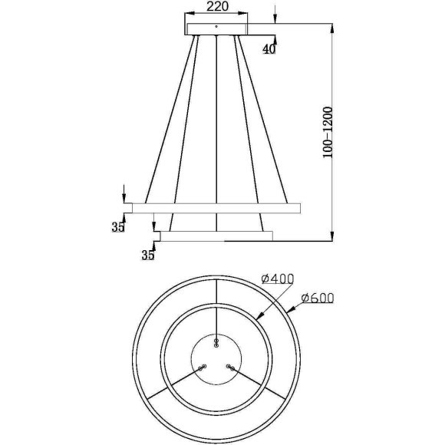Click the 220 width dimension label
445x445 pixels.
(217, 8)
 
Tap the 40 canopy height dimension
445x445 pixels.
(269, 49)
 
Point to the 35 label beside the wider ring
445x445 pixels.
(117, 228)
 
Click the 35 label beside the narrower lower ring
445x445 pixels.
(147, 256)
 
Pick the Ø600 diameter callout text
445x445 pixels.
(318, 298)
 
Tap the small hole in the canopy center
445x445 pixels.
(217, 26)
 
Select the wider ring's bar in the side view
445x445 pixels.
(217, 207)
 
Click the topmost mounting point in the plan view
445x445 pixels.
(216, 340)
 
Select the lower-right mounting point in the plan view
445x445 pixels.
(231, 368)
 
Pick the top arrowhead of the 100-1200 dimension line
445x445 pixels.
(331, 29)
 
